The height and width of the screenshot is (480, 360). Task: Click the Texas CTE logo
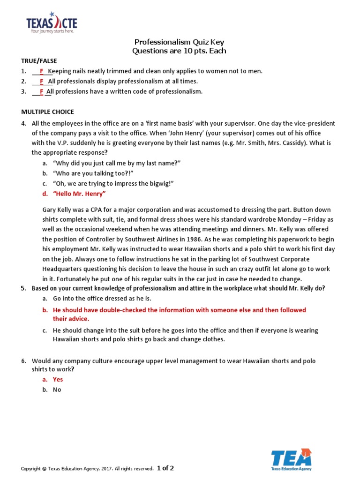point(52,23)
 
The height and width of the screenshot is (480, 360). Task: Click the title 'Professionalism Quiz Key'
point(180,42)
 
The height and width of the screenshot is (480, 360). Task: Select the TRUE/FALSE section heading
point(39,61)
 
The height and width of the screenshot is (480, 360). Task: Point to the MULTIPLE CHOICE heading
point(47,112)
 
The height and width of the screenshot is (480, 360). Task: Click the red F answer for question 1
point(41,71)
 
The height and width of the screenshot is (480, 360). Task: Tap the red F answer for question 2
point(41,82)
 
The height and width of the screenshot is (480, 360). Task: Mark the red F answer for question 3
point(41,91)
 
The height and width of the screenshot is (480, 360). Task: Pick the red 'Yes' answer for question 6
point(58,380)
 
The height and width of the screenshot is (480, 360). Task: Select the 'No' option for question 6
point(57,390)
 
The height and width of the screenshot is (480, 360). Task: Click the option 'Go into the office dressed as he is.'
point(102,298)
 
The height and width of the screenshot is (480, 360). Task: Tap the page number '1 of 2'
point(165,468)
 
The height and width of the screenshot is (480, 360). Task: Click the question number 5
point(23,288)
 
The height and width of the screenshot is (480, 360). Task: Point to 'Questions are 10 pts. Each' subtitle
point(180,51)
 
